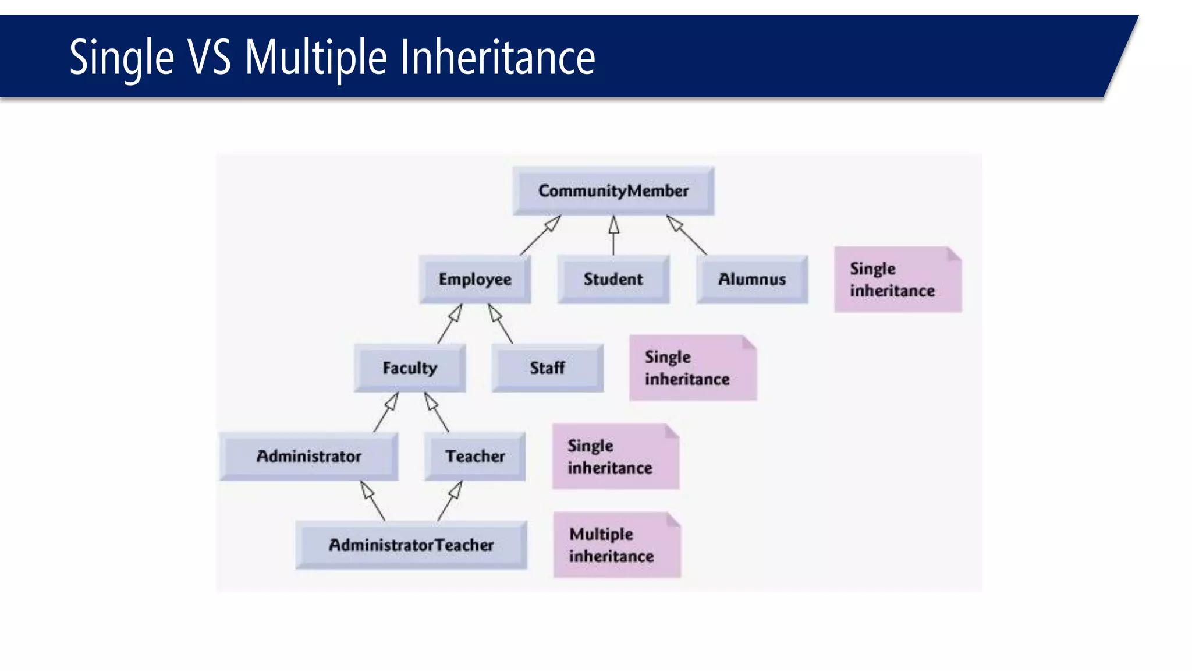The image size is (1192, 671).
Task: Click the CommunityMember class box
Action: (613, 190)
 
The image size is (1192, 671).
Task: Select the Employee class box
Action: (475, 279)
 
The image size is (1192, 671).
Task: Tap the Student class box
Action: (613, 279)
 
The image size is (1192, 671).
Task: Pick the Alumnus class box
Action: (752, 279)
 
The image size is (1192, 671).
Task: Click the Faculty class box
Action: (410, 368)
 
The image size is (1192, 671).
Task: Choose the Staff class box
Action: (547, 368)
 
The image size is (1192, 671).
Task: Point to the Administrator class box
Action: (309, 456)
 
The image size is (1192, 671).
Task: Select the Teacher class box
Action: (475, 456)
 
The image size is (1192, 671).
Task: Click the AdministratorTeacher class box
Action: (411, 545)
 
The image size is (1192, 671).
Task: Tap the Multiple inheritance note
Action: (617, 545)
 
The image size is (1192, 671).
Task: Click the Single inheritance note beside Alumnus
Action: (897, 280)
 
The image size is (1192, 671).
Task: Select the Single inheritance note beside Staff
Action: (693, 368)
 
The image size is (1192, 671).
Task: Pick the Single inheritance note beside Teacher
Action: (616, 457)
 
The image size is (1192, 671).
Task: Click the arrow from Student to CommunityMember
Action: (613, 235)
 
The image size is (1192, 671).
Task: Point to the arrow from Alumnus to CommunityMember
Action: (687, 235)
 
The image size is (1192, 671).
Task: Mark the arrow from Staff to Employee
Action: (501, 324)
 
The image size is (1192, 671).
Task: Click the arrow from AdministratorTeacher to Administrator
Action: (372, 500)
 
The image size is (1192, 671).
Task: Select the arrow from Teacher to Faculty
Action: (437, 412)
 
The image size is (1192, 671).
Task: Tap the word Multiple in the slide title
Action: (315, 58)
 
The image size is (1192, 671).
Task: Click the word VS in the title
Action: (209, 58)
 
